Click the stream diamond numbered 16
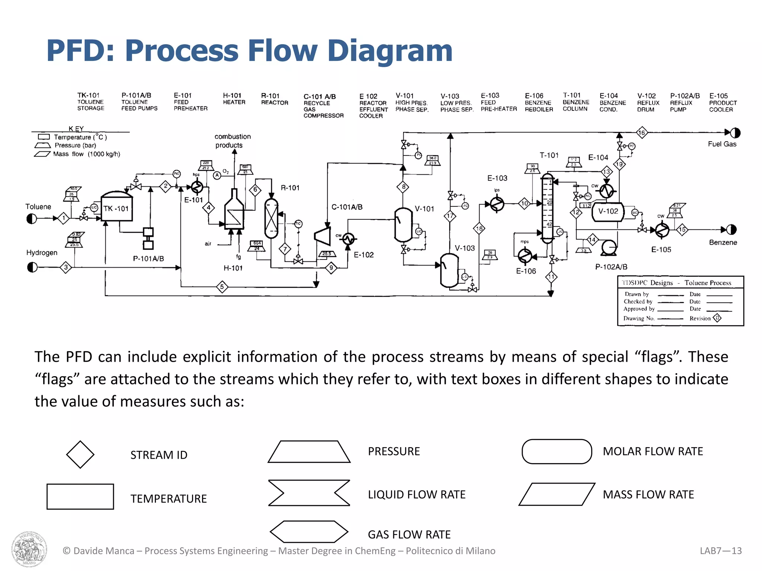642,132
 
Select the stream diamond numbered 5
222,287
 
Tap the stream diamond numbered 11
551,277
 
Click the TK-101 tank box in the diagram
117,208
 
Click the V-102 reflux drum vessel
608,212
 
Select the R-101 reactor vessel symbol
271,218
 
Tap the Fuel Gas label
722,144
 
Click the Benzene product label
723,242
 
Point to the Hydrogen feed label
42,253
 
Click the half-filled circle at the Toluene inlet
32,219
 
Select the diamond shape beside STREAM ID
80,454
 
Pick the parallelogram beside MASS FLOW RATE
557,494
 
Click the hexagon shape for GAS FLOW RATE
309,532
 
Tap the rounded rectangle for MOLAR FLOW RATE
557,452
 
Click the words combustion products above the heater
233,141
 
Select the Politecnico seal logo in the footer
29,549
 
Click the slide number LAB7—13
720,551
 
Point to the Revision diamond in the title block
717,318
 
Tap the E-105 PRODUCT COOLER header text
722,103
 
